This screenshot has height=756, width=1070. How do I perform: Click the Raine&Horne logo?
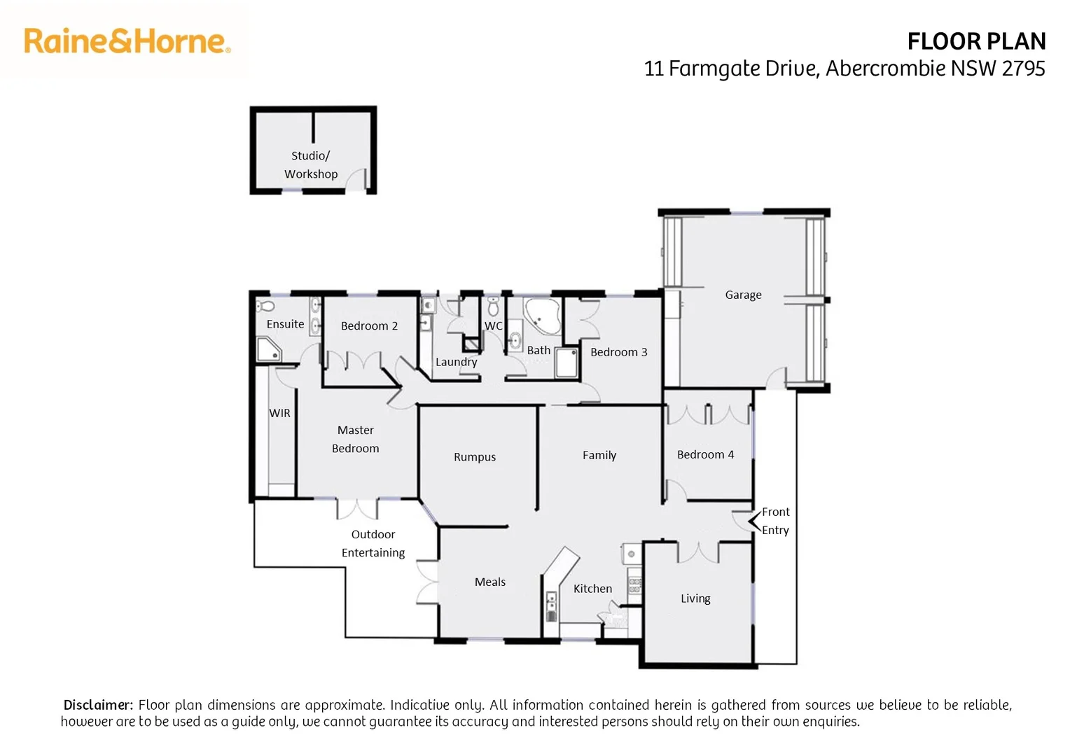click(x=127, y=41)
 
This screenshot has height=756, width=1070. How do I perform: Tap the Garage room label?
click(x=743, y=295)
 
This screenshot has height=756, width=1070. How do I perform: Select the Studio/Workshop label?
click(x=311, y=165)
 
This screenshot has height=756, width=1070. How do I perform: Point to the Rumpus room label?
click(x=474, y=457)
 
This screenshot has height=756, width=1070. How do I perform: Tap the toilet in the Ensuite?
click(x=265, y=305)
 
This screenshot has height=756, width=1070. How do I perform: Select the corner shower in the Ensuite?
click(x=267, y=349)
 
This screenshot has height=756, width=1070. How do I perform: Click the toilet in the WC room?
click(x=493, y=307)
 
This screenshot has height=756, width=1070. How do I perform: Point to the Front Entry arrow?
click(x=753, y=521)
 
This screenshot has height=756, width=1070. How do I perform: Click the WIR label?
click(x=279, y=413)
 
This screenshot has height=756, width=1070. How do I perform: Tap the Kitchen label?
click(x=592, y=589)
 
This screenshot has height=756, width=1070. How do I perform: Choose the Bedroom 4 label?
click(x=705, y=455)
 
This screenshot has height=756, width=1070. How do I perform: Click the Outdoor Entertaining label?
click(x=373, y=544)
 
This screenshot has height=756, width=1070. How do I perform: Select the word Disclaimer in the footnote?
click(x=98, y=705)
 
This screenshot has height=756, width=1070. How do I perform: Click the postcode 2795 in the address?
click(x=1023, y=69)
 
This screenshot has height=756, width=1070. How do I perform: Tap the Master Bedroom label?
click(x=355, y=440)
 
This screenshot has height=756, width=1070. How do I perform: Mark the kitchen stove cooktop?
click(x=634, y=585)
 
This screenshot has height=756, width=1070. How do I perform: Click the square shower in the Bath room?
click(x=566, y=363)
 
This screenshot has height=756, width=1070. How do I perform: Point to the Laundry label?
click(x=456, y=362)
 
